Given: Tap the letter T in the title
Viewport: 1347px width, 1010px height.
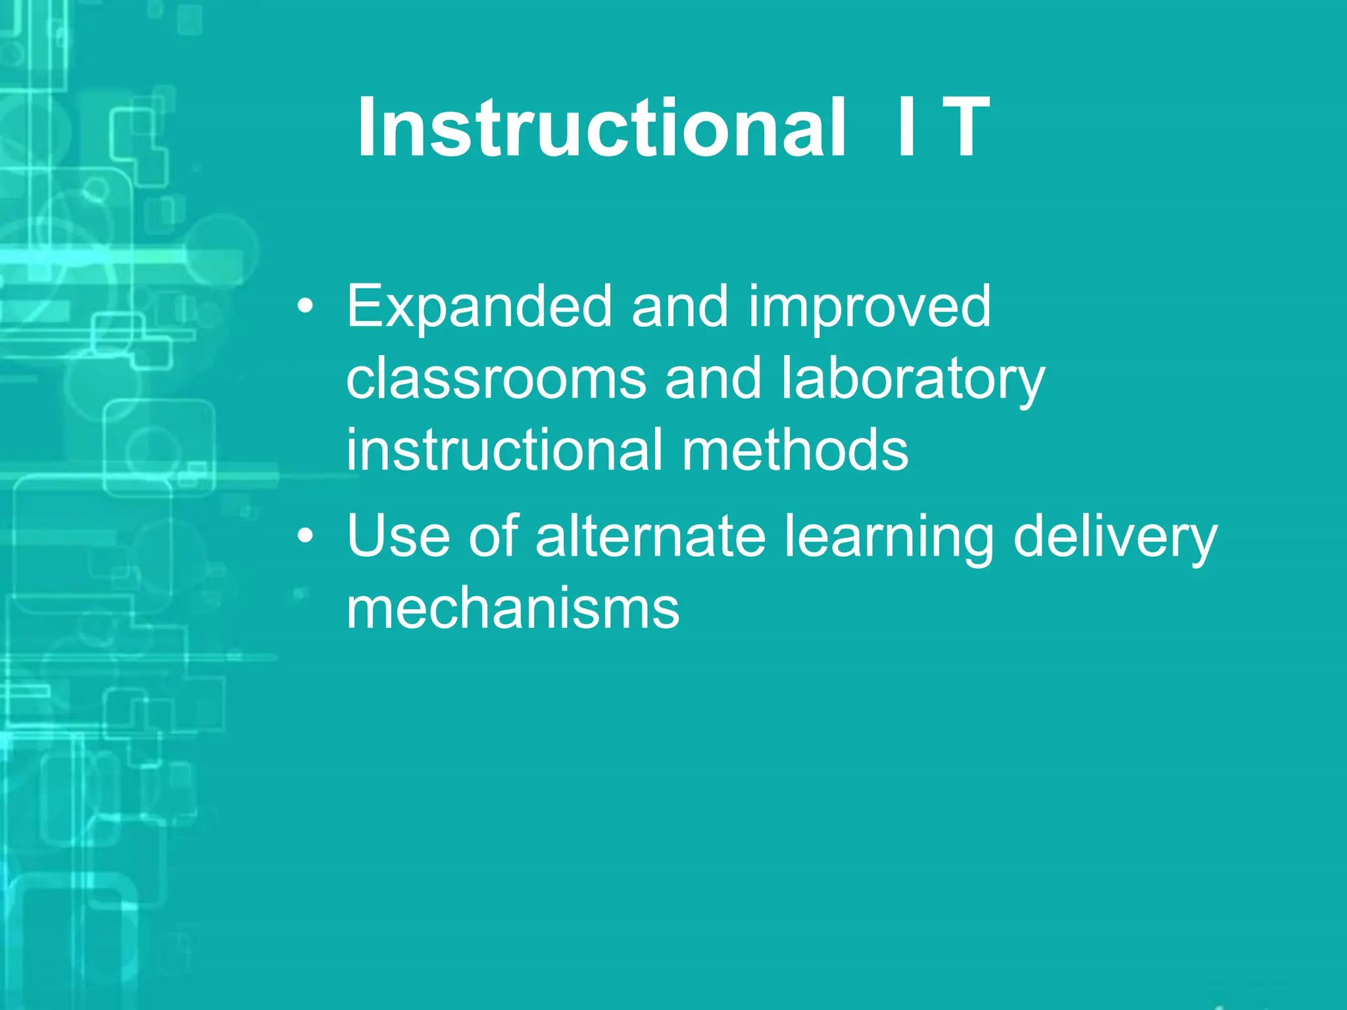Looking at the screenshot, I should [x=965, y=128].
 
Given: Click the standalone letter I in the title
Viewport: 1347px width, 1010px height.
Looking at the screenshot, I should [x=906, y=128].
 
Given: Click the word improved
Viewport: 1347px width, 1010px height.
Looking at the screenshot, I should [x=869, y=307].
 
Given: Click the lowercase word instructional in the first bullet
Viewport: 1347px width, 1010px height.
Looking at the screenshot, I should [x=504, y=450].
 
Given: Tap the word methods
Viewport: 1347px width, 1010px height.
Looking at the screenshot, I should [x=795, y=450].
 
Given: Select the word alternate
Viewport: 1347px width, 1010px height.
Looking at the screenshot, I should [x=650, y=537].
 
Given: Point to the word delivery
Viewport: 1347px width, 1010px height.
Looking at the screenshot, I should [x=1115, y=537].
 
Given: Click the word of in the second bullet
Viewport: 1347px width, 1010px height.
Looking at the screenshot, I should [x=493, y=537].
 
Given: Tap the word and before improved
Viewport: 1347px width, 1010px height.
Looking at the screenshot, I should [x=680, y=307].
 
